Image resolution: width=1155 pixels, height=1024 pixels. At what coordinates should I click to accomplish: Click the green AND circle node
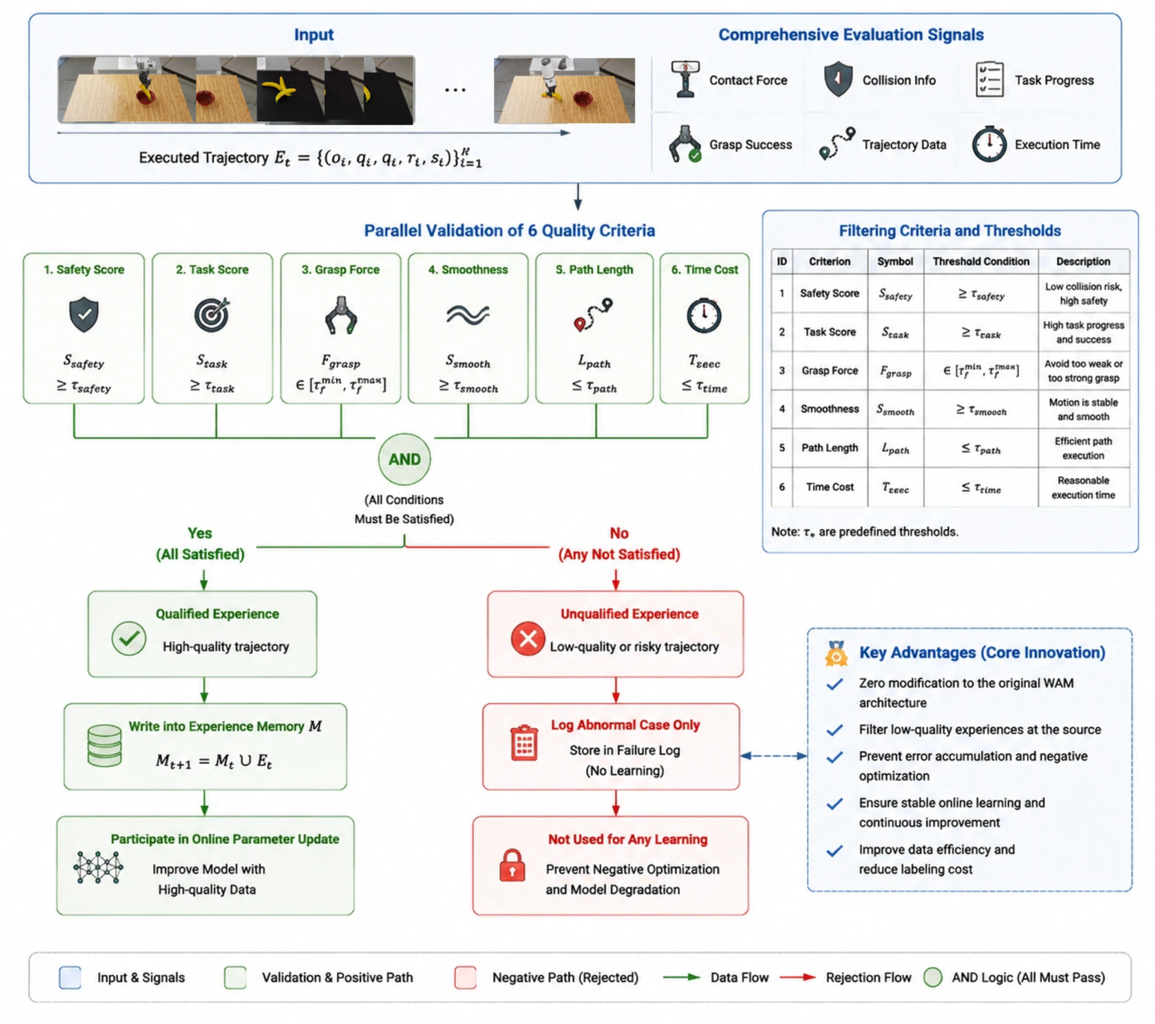click(404, 459)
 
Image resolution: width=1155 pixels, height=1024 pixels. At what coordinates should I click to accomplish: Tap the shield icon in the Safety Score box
click(83, 314)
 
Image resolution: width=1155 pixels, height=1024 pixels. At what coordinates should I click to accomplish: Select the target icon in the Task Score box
click(212, 314)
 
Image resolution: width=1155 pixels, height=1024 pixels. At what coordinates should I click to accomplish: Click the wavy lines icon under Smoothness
click(468, 314)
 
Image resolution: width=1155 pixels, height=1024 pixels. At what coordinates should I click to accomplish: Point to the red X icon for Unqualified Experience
click(528, 639)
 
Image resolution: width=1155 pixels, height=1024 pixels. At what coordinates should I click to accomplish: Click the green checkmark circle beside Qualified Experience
click(129, 638)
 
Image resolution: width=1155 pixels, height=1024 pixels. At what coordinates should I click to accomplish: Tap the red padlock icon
click(512, 865)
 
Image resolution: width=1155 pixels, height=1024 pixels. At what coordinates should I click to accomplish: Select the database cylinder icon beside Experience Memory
click(104, 746)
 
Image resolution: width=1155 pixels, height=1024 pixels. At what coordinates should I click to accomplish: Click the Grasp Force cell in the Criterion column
click(829, 370)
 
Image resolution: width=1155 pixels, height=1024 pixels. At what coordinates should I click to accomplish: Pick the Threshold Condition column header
click(981, 261)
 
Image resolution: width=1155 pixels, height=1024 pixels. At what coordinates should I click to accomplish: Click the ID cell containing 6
click(781, 487)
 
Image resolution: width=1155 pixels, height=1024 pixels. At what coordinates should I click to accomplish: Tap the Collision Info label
click(898, 80)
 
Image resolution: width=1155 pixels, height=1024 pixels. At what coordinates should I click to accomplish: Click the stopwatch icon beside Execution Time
click(989, 144)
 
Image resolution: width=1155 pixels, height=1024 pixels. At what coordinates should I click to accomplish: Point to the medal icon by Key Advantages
click(836, 654)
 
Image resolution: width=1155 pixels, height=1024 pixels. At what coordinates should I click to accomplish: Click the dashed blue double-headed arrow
click(774, 756)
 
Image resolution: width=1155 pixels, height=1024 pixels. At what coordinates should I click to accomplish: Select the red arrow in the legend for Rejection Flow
click(797, 977)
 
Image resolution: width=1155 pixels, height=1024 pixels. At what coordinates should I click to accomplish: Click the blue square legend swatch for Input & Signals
click(70, 977)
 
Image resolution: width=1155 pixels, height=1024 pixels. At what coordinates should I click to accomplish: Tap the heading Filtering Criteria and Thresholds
click(949, 231)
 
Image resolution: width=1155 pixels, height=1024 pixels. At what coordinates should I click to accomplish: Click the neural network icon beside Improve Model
click(98, 868)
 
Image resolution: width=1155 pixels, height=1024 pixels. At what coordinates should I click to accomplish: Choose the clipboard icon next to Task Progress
click(989, 79)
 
